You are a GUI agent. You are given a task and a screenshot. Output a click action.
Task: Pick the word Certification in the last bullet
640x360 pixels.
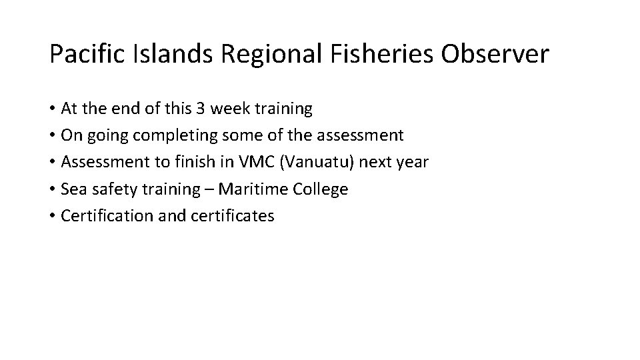(x=104, y=215)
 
